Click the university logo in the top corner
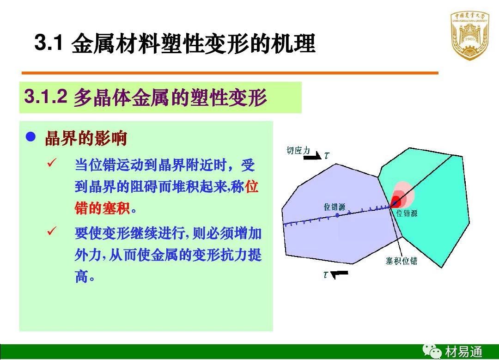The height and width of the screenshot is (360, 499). tap(470, 36)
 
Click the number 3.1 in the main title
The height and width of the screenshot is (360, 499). tap(49, 42)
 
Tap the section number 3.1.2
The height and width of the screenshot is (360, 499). tap(45, 96)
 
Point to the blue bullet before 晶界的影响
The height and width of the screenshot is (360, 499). tap(30, 137)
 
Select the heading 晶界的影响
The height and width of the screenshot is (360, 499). tap(86, 138)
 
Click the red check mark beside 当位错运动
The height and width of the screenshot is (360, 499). tap(51, 163)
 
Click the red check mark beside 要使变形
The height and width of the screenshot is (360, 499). tap(51, 231)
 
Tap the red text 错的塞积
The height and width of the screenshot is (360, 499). tap(102, 208)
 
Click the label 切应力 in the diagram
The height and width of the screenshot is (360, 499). tap(298, 150)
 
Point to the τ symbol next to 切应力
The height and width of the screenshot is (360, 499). tap(327, 155)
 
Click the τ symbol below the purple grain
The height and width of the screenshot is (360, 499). tap(325, 275)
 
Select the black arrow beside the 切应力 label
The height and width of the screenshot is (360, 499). tap(312, 156)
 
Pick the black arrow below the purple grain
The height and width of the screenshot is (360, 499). tap(339, 274)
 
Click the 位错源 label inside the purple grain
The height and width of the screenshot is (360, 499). tap(335, 207)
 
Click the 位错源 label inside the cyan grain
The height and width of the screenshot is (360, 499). tap(407, 213)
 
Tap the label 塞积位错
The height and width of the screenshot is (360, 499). tap(402, 261)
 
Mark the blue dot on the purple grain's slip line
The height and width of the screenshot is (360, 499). tap(337, 215)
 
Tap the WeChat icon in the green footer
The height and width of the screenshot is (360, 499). tap(432, 351)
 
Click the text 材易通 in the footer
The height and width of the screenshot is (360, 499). tap(464, 352)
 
